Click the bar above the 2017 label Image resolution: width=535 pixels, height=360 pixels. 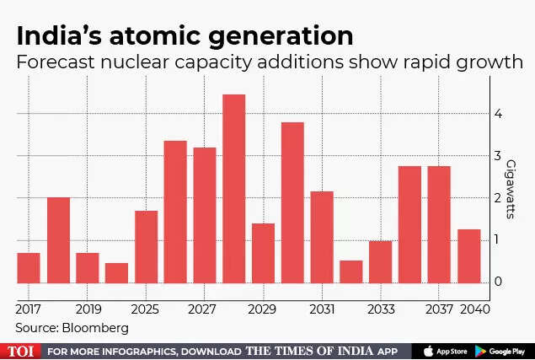(x=29, y=267)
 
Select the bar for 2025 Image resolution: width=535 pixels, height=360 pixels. (x=146, y=246)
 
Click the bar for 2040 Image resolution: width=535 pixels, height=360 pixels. (x=469, y=255)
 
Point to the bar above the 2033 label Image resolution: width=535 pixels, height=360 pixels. (x=381, y=261)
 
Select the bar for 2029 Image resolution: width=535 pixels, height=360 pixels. (x=263, y=253)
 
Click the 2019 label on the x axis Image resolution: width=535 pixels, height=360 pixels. (x=87, y=309)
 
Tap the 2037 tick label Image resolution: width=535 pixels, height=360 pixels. (x=439, y=309)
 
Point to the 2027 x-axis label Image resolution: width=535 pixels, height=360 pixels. (x=205, y=309)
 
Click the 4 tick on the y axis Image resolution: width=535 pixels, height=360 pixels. (x=499, y=114)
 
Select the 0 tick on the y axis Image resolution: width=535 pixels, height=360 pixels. (x=499, y=282)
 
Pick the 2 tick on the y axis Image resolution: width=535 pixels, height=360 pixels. (x=499, y=198)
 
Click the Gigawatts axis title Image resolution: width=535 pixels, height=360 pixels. (x=511, y=185)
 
